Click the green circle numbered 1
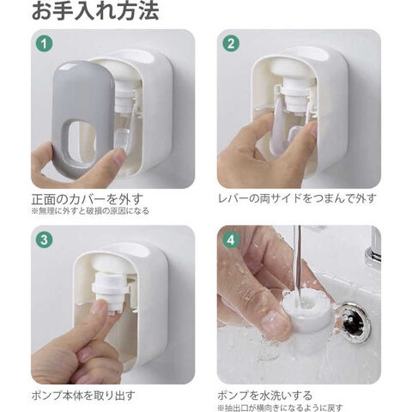pyautogui.click(x=45, y=44)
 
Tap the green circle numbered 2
pyautogui.click(x=231, y=44)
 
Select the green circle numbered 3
pyautogui.click(x=45, y=239)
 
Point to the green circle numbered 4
pyautogui.click(x=231, y=239)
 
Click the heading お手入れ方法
pyautogui.click(x=95, y=11)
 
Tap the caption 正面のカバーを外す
pyautogui.click(x=87, y=199)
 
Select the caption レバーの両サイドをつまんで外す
pyautogui.click(x=298, y=198)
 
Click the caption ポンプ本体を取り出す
pyautogui.click(x=83, y=396)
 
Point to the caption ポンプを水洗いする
pyautogui.click(x=265, y=396)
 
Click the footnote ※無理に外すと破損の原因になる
pyautogui.click(x=90, y=211)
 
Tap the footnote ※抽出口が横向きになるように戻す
pyautogui.click(x=280, y=408)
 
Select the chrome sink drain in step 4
pyautogui.click(x=355, y=323)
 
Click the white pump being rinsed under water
pyautogui.click(x=307, y=311)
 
